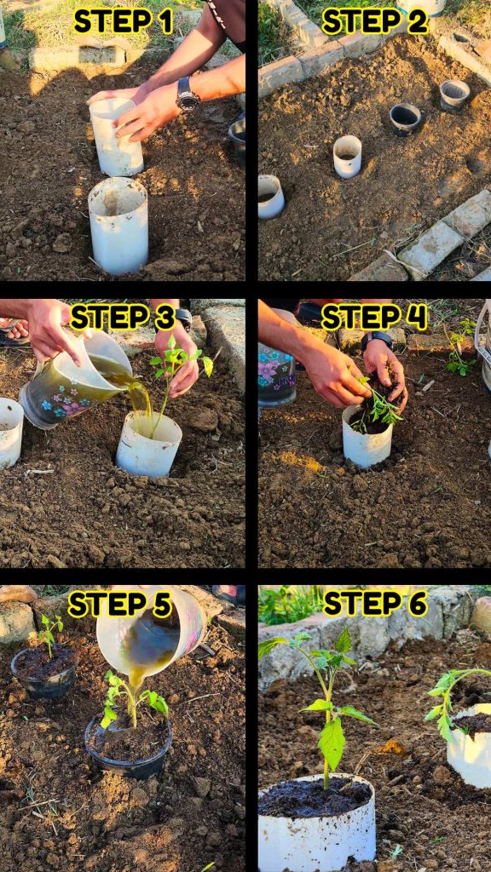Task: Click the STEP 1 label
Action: (124, 21)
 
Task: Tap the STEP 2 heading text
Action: (375, 21)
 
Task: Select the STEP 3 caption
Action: (123, 318)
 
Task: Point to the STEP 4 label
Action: (374, 318)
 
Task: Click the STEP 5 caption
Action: (119, 605)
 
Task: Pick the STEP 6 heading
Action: (375, 604)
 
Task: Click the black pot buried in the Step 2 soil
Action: (405, 119)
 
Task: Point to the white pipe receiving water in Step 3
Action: (148, 444)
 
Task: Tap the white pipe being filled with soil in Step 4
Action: (367, 437)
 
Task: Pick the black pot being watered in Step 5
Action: (129, 745)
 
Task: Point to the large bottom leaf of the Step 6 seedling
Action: (332, 743)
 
